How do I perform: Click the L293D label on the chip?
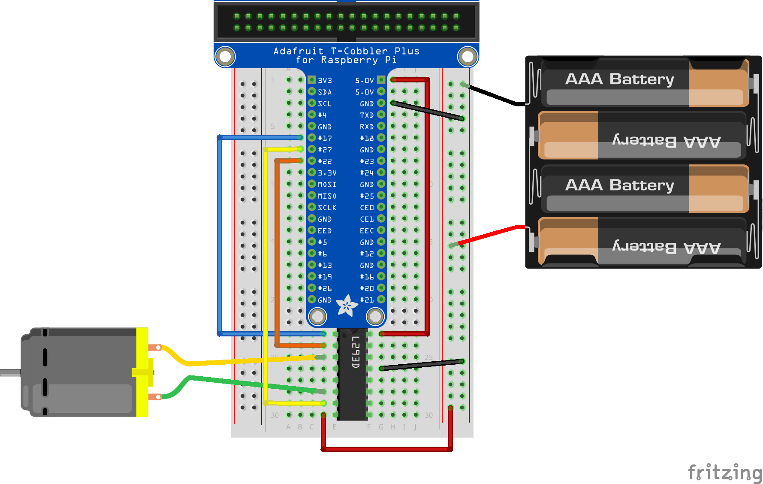[x=356, y=352]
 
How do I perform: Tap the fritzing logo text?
[x=725, y=472]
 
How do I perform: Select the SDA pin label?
[x=325, y=92]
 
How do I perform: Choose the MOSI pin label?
[x=327, y=185]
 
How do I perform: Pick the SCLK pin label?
[x=327, y=208]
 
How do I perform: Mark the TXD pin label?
[x=367, y=115]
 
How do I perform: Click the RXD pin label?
[x=367, y=127]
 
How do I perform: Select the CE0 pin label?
[x=367, y=208]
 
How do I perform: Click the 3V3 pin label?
[x=325, y=81]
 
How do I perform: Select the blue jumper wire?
[x=220, y=236]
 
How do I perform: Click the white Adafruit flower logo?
[x=347, y=306]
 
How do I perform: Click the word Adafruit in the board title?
[x=299, y=51]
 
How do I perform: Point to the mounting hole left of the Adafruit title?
[x=225, y=57]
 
